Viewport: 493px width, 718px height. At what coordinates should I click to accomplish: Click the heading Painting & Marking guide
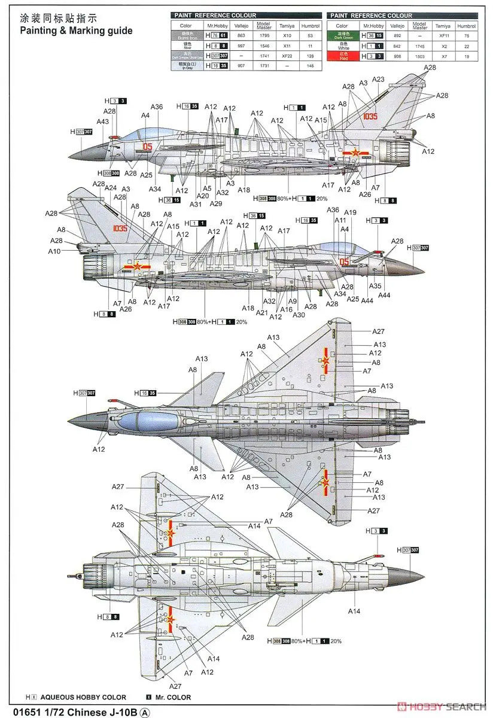coord(77,30)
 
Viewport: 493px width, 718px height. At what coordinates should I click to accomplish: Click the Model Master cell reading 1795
coord(263,36)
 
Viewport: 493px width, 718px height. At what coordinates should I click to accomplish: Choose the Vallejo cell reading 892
coord(399,36)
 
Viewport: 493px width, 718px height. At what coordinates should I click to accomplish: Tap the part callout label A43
coord(102,121)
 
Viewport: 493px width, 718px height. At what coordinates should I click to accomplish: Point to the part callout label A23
coord(378,80)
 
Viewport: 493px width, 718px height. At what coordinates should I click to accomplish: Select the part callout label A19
coord(351,212)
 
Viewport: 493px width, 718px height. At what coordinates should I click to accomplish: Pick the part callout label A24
coord(111,188)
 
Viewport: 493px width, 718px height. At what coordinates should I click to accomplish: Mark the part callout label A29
coord(216,203)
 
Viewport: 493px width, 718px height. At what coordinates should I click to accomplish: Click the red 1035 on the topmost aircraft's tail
coord(369,117)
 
